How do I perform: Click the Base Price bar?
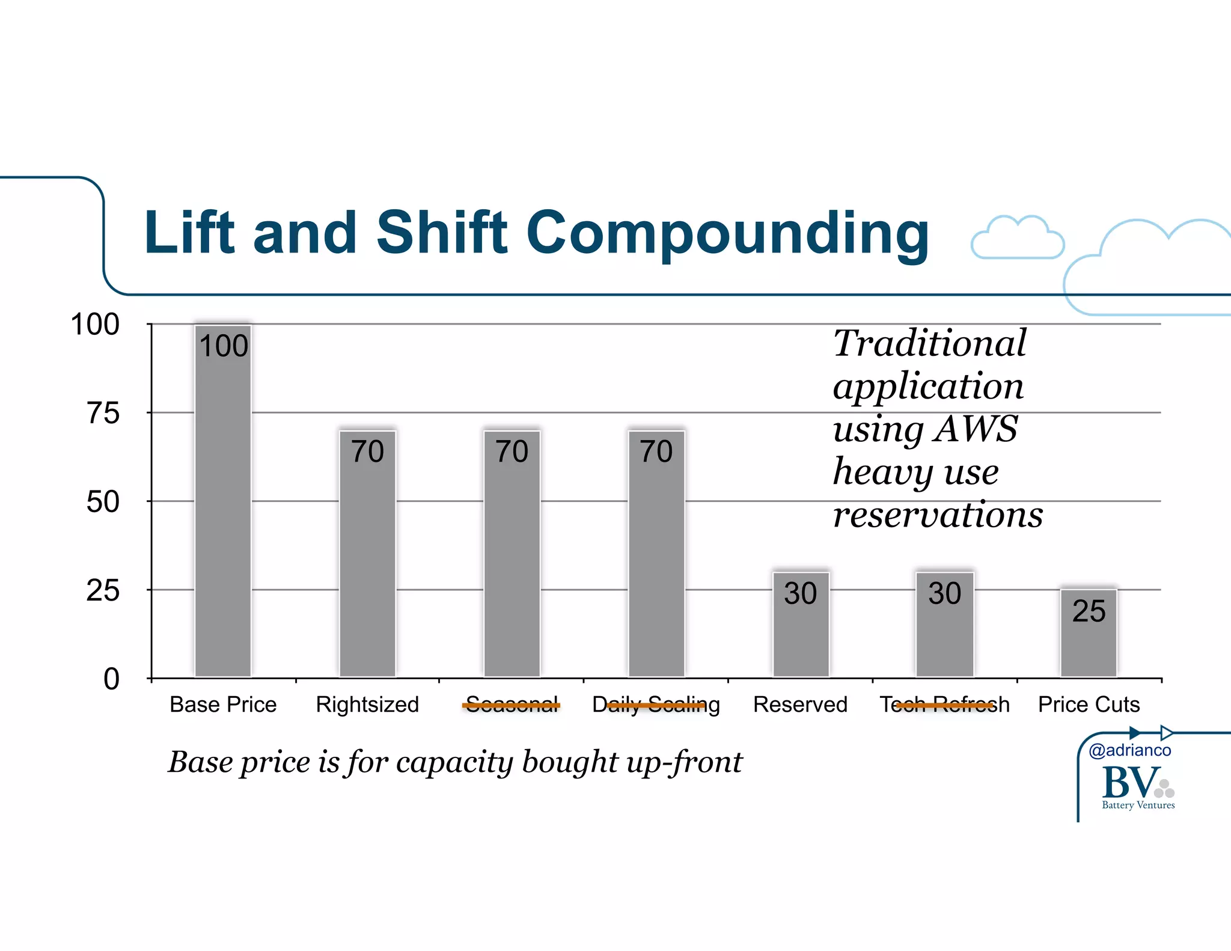223,511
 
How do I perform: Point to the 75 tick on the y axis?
103,414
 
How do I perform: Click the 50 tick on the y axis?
103,502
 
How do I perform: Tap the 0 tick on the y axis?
111,679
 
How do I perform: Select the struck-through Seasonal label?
512,705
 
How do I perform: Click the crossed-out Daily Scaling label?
656,705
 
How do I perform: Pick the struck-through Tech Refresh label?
944,705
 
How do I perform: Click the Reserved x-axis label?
800,705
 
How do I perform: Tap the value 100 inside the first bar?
223,346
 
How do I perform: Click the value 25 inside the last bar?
1089,611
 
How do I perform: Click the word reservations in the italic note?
938,515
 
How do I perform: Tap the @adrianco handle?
1129,750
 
